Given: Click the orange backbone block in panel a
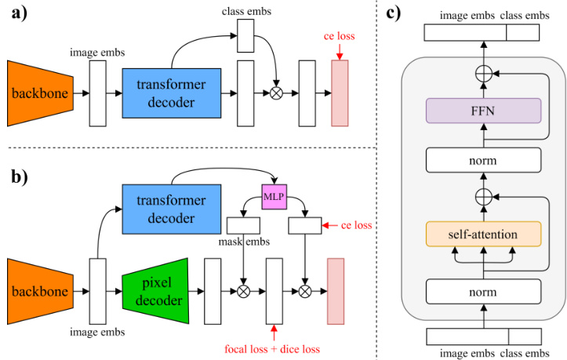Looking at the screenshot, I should pos(38,93).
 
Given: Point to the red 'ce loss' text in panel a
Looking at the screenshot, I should pos(339,37).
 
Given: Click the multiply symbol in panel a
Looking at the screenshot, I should pos(276,93).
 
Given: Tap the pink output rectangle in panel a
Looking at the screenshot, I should pos(340,93).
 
